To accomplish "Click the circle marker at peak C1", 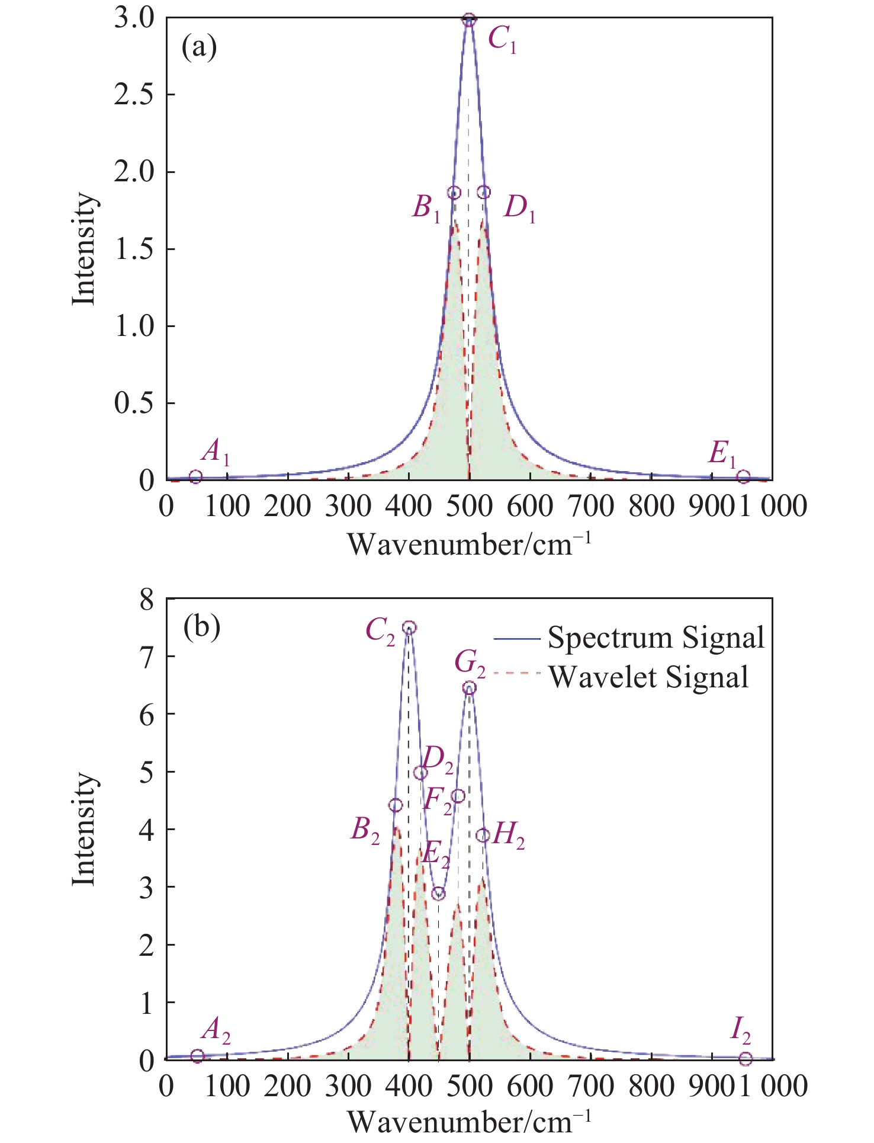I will point(469,20).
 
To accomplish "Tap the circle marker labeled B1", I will point(454,193).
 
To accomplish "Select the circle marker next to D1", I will point(484,192).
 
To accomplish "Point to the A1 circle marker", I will point(196,476).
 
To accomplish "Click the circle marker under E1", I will point(744,477).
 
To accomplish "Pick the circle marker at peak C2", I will point(409,628).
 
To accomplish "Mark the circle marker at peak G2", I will point(470,688).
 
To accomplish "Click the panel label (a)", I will point(200,47).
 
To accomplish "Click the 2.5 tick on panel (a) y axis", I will point(133,95).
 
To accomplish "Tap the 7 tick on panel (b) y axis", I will point(146,657).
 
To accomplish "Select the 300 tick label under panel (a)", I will point(348,507).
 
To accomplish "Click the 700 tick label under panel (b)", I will point(590,1086).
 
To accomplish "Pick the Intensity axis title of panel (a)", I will point(83,249).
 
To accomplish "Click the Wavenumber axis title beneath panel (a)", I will point(468,544).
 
